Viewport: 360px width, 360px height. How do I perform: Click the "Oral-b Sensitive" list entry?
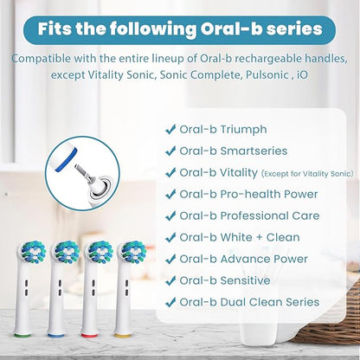click(x=220, y=280)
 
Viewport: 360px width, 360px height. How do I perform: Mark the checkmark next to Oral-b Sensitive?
click(x=170, y=280)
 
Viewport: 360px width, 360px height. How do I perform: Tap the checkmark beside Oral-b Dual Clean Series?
click(x=170, y=302)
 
